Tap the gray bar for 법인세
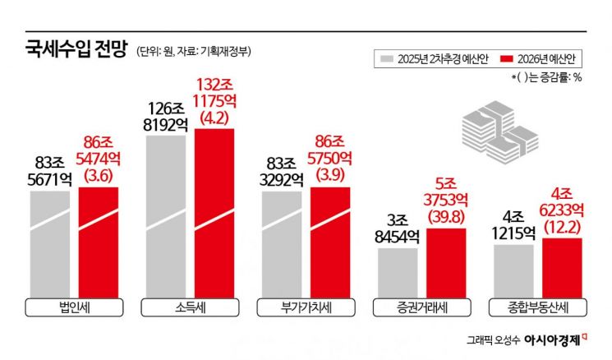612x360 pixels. coord(50,242)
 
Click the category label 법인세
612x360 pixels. coord(75,308)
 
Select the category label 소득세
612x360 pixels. coord(190,308)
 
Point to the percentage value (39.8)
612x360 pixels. coord(447,215)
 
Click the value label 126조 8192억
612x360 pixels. coord(165,117)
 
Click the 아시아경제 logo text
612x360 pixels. coord(555,337)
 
